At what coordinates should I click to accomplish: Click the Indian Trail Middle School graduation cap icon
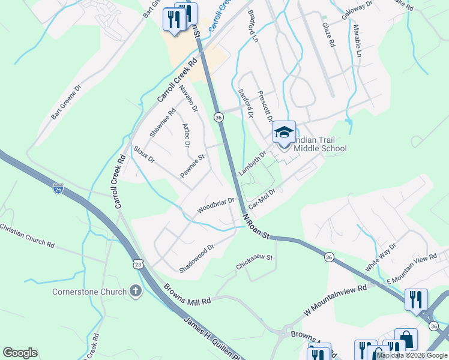point(284,132)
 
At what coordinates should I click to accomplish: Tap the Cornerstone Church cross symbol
point(136,292)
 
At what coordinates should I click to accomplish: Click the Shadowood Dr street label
point(196,257)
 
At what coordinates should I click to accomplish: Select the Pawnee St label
point(193,166)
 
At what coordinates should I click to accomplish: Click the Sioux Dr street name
point(144,154)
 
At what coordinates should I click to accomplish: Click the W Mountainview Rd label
point(335,298)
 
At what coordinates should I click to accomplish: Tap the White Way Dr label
point(381,257)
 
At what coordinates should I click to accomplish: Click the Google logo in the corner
point(20,353)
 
